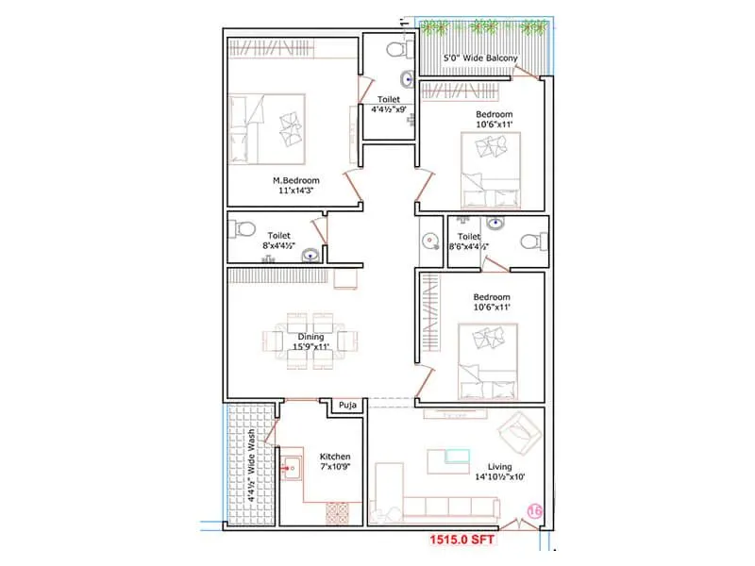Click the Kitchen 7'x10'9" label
tap(334, 461)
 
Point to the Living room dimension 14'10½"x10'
tap(500, 476)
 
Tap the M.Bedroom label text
tap(296, 180)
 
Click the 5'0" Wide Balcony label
tap(480, 59)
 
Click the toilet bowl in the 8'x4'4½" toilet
tap(244, 227)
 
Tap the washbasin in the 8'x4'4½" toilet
tap(309, 254)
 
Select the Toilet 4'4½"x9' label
tap(388, 104)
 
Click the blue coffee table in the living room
tap(458, 457)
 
